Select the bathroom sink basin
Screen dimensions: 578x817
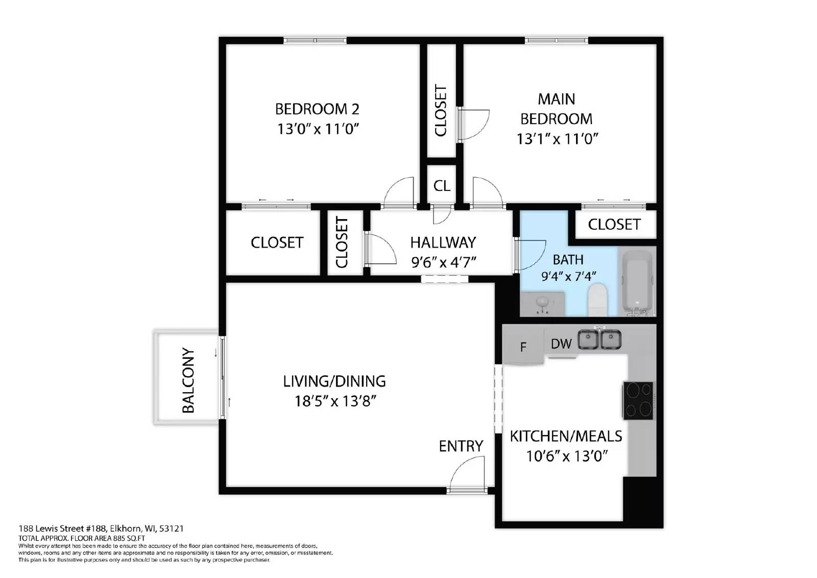click(542, 303)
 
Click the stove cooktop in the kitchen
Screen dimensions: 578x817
click(638, 400)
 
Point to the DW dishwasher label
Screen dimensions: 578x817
click(561, 344)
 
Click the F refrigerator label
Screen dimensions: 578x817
click(523, 348)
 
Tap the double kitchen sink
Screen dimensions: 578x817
click(599, 340)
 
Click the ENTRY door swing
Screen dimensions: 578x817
click(467, 474)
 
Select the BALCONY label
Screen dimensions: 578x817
click(188, 380)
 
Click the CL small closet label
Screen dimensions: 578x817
click(442, 186)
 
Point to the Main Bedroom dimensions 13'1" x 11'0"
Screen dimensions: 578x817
click(557, 138)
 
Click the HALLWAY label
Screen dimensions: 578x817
click(443, 242)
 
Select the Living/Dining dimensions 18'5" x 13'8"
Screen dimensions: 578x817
click(335, 401)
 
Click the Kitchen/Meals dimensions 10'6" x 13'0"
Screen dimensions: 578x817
click(567, 455)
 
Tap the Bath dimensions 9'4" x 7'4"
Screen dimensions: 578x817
click(568, 276)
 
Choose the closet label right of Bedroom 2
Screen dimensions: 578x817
click(441, 111)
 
